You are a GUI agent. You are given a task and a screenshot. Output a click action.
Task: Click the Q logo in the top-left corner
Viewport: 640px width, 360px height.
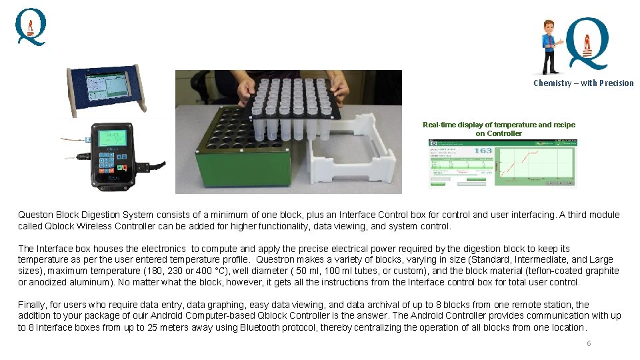(x=31, y=27)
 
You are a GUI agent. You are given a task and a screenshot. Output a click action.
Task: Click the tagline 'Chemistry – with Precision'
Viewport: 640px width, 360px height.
(x=583, y=83)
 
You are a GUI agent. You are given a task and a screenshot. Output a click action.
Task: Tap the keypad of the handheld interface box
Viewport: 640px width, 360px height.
(x=111, y=164)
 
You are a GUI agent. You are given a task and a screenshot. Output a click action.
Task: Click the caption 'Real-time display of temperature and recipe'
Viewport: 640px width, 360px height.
(x=499, y=125)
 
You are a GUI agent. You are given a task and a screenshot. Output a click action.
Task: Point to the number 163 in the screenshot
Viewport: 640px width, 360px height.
(x=483, y=151)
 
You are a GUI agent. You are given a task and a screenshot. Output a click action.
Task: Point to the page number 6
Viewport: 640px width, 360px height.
(x=589, y=343)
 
